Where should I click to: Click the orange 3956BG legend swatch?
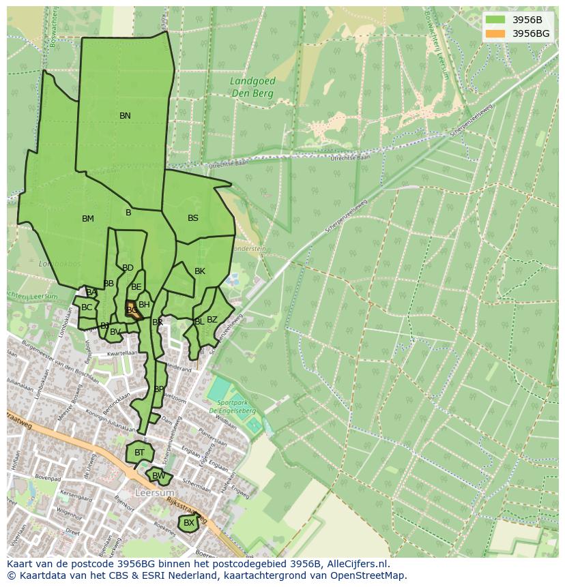(496, 33)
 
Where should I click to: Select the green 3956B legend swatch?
(496, 20)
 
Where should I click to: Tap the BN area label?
(125, 116)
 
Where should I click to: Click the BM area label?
(88, 219)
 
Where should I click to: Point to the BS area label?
(193, 218)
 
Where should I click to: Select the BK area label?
(199, 271)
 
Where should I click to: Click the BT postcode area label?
(139, 453)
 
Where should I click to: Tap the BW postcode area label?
(158, 476)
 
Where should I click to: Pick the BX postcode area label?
(189, 523)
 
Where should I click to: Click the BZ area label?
(212, 320)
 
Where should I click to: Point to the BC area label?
(87, 307)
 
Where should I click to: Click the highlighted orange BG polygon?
(133, 312)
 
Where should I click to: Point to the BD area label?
(128, 268)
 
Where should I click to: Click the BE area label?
(136, 287)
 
